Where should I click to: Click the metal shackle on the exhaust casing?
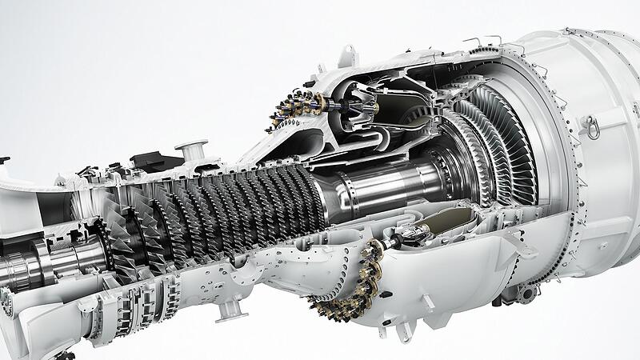(x=590, y=126)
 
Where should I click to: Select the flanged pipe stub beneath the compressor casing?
(x=230, y=308)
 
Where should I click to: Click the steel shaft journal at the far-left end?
(x=20, y=267)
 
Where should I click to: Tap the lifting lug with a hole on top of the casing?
(x=346, y=55)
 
